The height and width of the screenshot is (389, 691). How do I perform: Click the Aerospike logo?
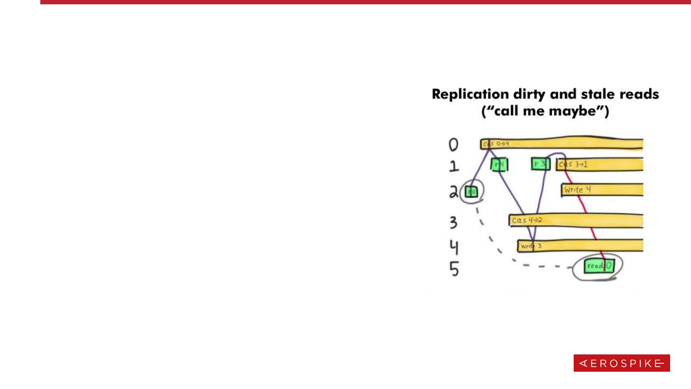[x=622, y=363]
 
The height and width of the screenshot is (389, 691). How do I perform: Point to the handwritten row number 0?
[x=453, y=145]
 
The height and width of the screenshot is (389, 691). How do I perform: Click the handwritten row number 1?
[x=454, y=166]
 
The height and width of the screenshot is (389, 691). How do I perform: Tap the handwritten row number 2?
[x=453, y=192]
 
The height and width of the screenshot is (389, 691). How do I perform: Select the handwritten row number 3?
[x=453, y=222]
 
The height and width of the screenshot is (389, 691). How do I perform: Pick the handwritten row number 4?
[x=454, y=247]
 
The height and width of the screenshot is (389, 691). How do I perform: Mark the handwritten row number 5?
[x=454, y=269]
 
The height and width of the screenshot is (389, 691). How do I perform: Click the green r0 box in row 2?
[x=471, y=192]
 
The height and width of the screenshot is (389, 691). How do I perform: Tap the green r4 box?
[x=499, y=165]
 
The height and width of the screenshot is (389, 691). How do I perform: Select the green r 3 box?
[x=540, y=164]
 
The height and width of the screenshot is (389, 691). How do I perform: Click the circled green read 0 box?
[x=599, y=266]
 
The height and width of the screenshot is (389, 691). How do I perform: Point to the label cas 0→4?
[x=496, y=144]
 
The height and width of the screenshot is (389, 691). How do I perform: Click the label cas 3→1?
[x=573, y=165]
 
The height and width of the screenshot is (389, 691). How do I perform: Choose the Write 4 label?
[x=577, y=189]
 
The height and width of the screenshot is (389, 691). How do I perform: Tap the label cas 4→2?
[x=527, y=220]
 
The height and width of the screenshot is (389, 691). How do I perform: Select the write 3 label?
[x=531, y=246]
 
